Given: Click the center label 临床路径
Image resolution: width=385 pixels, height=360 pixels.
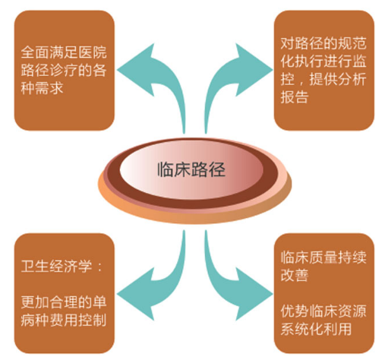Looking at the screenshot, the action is (x=191, y=169).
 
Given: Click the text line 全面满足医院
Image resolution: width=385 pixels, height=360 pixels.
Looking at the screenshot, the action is (x=64, y=52).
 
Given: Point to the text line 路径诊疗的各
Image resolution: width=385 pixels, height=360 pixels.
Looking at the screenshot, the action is (x=64, y=70).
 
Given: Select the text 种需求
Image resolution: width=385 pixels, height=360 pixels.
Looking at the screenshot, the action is (x=42, y=88).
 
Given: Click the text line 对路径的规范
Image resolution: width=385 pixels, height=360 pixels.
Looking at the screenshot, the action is (x=323, y=43).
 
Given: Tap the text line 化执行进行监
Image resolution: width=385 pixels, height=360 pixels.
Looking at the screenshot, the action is (x=323, y=61).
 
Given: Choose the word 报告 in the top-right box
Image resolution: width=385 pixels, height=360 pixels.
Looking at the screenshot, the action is (x=295, y=97).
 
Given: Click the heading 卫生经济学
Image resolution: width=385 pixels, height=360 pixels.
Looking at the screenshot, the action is (x=56, y=267).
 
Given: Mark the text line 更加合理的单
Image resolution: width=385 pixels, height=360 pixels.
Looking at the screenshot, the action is (x=64, y=302).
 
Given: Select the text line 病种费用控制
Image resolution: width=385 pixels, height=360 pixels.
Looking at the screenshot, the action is (x=64, y=321).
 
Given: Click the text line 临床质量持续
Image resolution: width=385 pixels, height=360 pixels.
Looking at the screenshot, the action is (x=323, y=257).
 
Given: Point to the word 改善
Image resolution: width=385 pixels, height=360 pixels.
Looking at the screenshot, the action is (x=295, y=276).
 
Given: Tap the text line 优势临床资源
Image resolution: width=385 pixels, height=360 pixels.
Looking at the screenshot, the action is (x=323, y=311).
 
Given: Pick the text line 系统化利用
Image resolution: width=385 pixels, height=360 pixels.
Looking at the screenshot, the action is (x=316, y=329).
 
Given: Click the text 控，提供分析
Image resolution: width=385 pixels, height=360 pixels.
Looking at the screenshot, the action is (x=323, y=79).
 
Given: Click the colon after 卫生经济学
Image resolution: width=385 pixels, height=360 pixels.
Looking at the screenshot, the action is (x=99, y=267).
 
